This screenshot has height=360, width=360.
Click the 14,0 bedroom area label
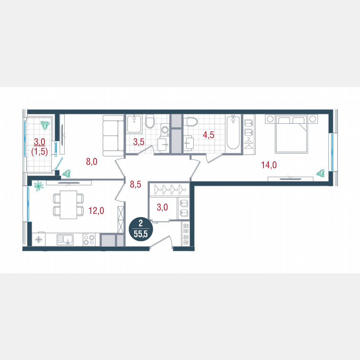click(x=269, y=165)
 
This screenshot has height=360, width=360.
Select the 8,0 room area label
click(x=92, y=162)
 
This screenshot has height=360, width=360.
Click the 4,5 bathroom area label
click(x=209, y=135)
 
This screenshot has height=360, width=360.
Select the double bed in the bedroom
click(x=292, y=134)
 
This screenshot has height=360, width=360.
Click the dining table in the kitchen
click(x=68, y=205)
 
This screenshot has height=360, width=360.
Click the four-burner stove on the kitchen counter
click(x=89, y=240)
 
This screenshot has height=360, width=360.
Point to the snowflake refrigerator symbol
click(x=38, y=240)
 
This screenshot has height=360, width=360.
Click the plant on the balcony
click(x=45, y=125)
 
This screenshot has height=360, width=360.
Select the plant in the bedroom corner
click(x=320, y=172)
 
